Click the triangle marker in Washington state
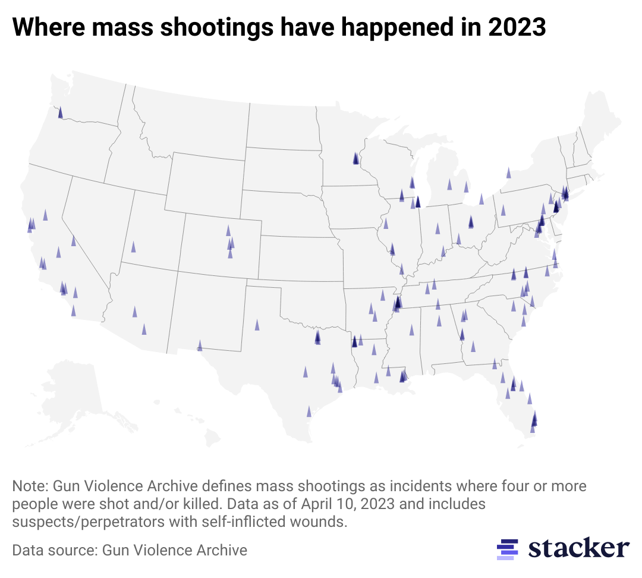pyautogui.click(x=60, y=112)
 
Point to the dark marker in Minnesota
pyautogui.click(x=355, y=158)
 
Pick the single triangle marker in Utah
pyautogui.click(x=134, y=246)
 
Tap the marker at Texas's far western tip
pyautogui.click(x=200, y=345)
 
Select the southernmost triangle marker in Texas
pyautogui.click(x=309, y=411)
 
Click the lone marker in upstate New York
pyautogui.click(x=508, y=173)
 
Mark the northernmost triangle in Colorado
pyautogui.click(x=228, y=230)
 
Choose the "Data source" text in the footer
pyautogui.click(x=53, y=550)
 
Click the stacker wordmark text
pyautogui.click(x=578, y=548)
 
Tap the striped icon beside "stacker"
pyautogui.click(x=507, y=549)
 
